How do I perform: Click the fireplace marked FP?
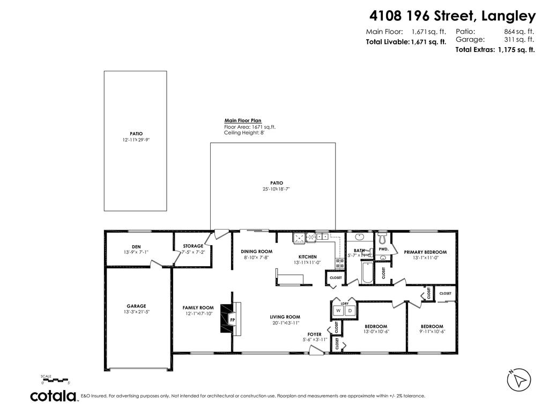(x=232, y=320)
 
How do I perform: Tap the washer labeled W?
(x=339, y=311)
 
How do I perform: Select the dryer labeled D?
(x=350, y=311)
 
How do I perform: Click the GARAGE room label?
(x=136, y=306)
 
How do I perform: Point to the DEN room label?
(x=136, y=247)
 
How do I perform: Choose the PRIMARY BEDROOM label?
(x=425, y=252)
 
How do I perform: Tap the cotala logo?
(x=53, y=396)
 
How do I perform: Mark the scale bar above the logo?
(x=55, y=379)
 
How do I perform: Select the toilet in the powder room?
(x=382, y=237)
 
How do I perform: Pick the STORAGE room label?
(x=193, y=246)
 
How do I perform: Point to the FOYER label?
(x=314, y=334)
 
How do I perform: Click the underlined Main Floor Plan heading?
(x=243, y=121)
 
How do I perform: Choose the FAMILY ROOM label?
(x=198, y=308)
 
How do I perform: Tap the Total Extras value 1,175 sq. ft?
(x=516, y=50)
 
